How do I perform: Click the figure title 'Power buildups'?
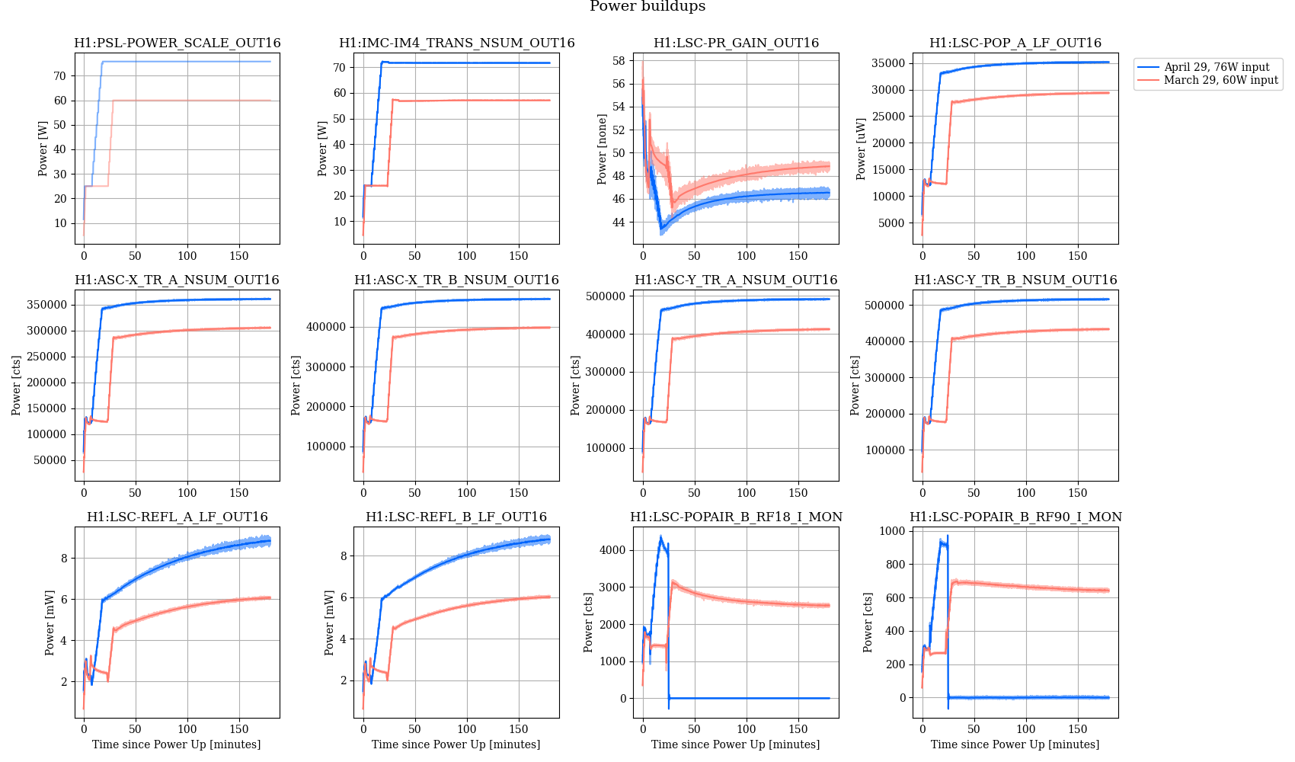647,7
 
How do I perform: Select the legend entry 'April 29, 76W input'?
1216,67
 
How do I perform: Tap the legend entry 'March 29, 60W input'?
1220,80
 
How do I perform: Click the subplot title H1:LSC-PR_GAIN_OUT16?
736,43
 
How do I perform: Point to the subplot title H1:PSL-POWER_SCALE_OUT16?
177,43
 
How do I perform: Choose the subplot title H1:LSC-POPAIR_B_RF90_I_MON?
1015,517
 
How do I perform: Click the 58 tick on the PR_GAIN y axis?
618,61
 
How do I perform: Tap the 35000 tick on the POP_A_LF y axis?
888,63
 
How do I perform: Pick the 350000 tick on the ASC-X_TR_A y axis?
46,305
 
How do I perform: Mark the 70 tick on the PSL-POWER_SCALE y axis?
59,76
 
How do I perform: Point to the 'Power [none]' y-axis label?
602,149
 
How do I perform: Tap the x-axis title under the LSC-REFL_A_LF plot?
176,744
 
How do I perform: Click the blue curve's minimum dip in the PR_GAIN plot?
661,229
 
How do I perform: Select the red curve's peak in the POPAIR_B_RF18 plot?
673,583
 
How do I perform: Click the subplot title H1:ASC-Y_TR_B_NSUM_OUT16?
1015,280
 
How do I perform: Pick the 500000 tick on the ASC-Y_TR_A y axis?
604,296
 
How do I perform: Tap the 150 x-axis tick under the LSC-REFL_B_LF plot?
519,729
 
